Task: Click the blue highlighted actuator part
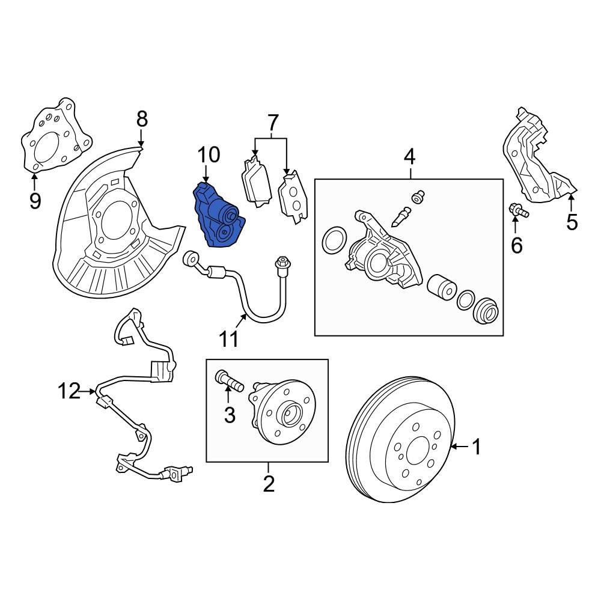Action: coord(218,216)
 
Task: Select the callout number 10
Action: coord(209,156)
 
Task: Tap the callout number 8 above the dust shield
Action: coord(141,120)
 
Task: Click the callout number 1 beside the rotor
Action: coord(476,447)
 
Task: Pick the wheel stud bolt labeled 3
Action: coord(228,380)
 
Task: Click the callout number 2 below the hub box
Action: coord(268,483)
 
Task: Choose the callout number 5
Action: coord(572,222)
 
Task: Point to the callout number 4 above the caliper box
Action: coord(409,157)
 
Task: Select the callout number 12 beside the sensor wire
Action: coord(69,392)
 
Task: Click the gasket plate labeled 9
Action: coord(54,138)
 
